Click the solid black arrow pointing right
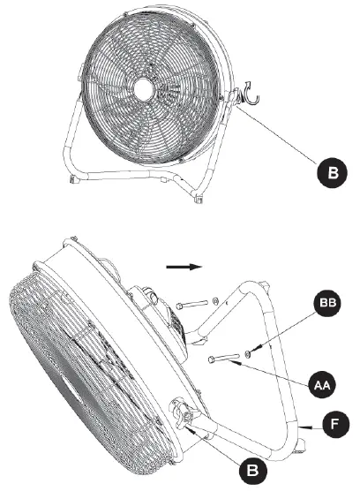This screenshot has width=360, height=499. (184, 263)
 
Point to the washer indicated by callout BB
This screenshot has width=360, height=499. (251, 354)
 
